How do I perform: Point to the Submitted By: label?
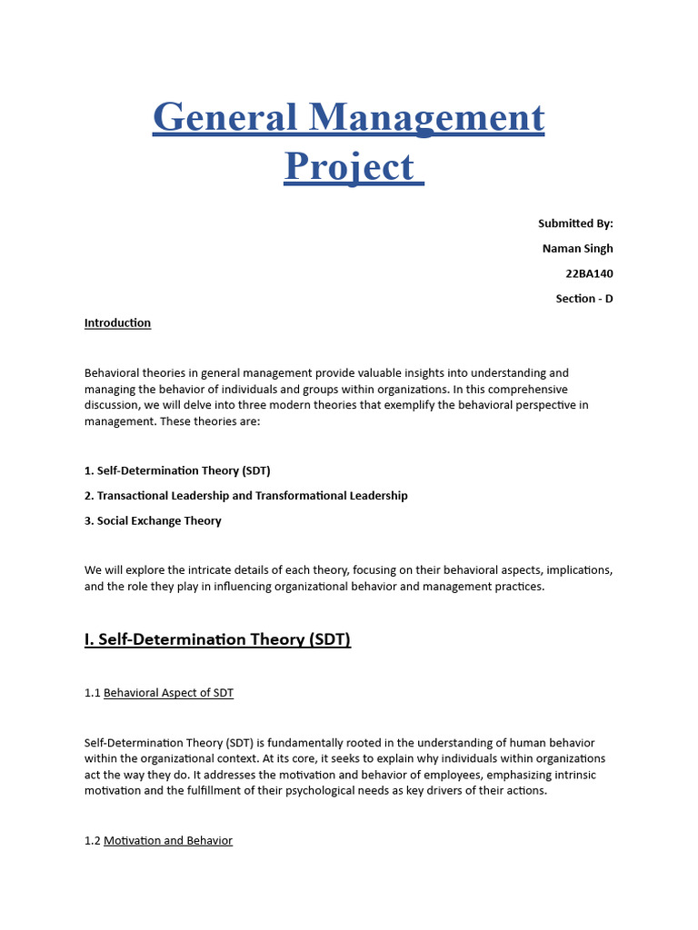point(575,223)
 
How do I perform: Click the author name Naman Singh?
point(577,248)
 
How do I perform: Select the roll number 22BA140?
point(590,273)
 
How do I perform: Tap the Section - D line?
point(584,298)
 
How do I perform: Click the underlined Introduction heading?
point(117,323)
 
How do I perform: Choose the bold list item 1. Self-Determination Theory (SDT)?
point(177,470)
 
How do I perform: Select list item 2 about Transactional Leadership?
point(245,496)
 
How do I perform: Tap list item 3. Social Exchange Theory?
point(153,520)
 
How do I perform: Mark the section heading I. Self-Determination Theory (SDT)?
point(217,639)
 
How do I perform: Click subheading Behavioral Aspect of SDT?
point(168,693)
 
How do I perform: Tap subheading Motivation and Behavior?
point(168,841)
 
